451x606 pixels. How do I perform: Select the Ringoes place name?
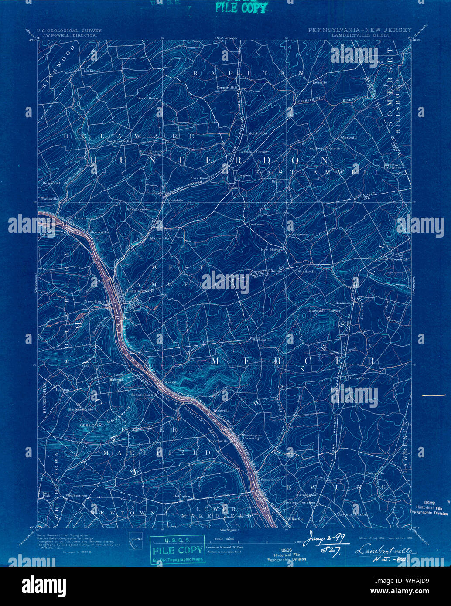244,175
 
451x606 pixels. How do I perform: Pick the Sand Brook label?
148,98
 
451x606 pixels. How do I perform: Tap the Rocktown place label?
256,224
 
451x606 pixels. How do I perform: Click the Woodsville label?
307,271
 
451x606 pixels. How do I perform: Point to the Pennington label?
359,378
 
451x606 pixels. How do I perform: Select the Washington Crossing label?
252,436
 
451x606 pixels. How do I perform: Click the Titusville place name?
222,411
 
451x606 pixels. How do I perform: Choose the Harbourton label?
262,339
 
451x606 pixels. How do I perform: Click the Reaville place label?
320,82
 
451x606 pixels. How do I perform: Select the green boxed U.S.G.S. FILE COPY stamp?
177,549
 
